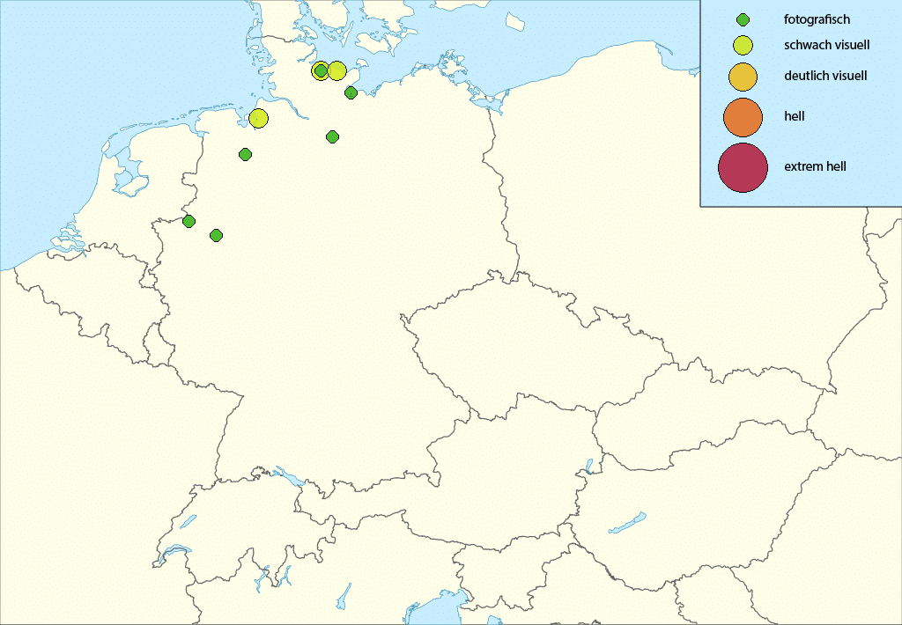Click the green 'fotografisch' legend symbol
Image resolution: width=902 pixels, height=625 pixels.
[x=743, y=19]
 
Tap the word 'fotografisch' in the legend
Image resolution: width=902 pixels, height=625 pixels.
[x=817, y=19]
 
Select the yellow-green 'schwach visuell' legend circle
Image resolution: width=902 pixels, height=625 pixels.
[x=743, y=45]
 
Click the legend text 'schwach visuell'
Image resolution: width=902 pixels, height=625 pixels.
[x=826, y=44]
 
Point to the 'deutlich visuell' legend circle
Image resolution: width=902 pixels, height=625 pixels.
[x=743, y=77]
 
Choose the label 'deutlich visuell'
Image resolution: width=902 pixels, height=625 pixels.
[x=825, y=76]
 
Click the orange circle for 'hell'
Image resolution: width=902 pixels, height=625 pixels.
[x=743, y=117]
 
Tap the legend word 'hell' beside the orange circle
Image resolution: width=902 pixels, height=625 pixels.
[x=795, y=116]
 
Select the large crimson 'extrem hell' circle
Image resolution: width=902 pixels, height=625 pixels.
[x=743, y=166]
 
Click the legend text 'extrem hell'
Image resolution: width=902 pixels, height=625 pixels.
[x=815, y=165]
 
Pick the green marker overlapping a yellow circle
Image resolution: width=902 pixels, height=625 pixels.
[x=321, y=70]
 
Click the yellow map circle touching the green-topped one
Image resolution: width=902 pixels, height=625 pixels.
[x=336, y=70]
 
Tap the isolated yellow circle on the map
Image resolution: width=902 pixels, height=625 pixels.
[x=258, y=118]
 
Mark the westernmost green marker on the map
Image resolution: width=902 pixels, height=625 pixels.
[x=189, y=221]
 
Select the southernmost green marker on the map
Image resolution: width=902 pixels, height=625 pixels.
[x=216, y=235]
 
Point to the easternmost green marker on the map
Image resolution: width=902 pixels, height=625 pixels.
[x=351, y=92]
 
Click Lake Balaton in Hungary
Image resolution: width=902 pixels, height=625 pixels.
[x=626, y=523]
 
